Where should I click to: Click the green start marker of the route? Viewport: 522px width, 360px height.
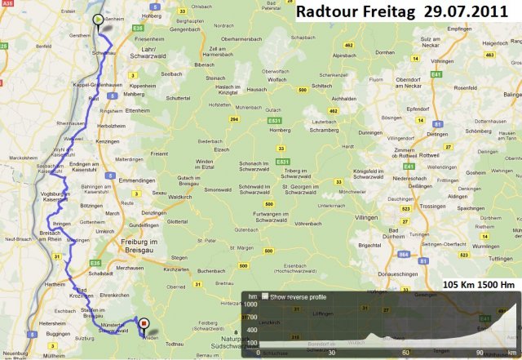pyautogui.click(x=98, y=20)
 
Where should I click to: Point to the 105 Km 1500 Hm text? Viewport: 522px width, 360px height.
pyautogui.click(x=480, y=284)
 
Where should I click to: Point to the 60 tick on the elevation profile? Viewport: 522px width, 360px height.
pyautogui.click(x=405, y=353)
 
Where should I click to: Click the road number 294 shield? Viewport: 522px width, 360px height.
pyautogui.click(x=234, y=119)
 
